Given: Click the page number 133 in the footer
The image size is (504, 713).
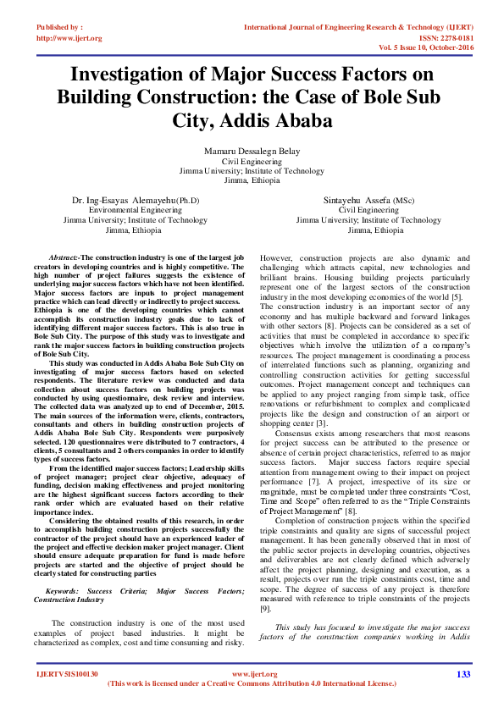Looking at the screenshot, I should (x=462, y=674).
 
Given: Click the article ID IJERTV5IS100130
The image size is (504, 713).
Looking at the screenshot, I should (x=68, y=674).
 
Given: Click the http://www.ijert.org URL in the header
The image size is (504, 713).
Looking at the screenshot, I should (x=69, y=38).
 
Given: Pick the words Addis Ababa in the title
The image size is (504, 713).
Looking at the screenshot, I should (x=284, y=119).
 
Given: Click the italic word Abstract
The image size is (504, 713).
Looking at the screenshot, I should (x=64, y=256).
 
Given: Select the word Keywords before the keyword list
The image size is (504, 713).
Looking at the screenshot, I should (x=65, y=589).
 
